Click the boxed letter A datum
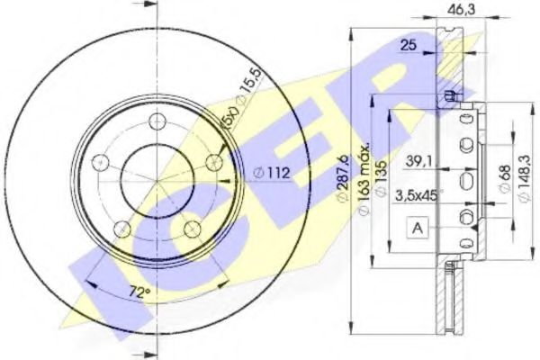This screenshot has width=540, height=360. click(x=418, y=229)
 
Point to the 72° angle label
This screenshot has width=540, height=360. click(x=138, y=292)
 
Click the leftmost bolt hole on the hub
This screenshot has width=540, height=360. click(x=100, y=163)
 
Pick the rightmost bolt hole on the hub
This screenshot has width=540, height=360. click(x=215, y=163)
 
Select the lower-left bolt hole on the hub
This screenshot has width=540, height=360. click(x=122, y=229)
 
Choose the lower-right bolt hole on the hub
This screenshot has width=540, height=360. click(x=193, y=229)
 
